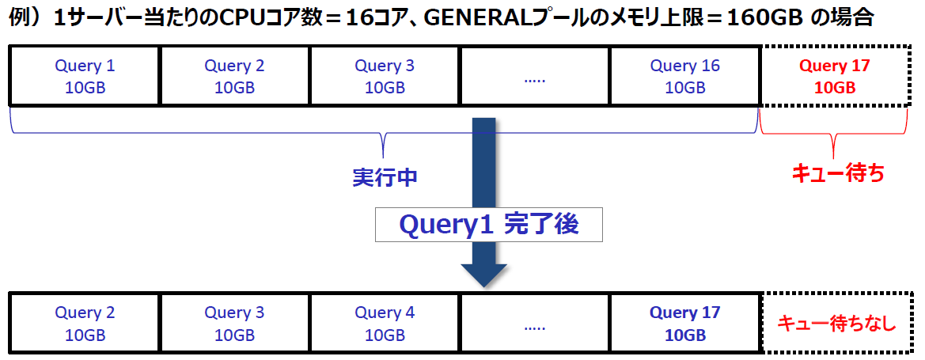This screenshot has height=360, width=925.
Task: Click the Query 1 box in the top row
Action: click(85, 76)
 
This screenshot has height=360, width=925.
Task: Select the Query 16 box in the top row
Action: click(685, 76)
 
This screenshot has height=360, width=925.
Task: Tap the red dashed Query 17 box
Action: click(834, 76)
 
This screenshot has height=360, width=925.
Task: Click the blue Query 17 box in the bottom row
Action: click(685, 323)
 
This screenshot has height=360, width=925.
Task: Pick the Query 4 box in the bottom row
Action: click(385, 323)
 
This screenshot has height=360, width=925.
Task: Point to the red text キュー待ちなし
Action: click(836, 323)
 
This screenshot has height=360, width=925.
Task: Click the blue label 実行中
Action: click(385, 177)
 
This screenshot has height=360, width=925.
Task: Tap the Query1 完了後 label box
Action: click(488, 225)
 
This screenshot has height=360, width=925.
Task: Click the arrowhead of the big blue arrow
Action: click(483, 273)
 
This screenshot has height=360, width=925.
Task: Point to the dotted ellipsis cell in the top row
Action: click(535, 76)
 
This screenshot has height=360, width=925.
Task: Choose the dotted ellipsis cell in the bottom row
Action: click(535, 323)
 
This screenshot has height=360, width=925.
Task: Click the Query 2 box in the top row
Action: click(234, 76)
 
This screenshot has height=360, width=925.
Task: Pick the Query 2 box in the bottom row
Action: click(85, 323)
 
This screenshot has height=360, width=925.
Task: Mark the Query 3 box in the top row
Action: click(385, 76)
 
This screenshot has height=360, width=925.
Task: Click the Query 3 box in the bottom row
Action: click(234, 323)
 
